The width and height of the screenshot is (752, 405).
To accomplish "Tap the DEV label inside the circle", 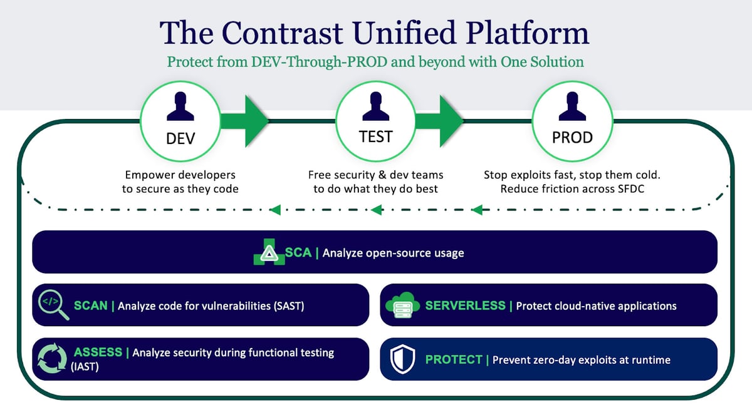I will tap(180, 138).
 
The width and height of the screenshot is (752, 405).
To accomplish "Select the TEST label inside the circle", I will tap(376, 137).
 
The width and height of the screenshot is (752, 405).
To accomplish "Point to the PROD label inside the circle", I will tap(572, 138).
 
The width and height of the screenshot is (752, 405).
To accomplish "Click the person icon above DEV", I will tap(180, 107).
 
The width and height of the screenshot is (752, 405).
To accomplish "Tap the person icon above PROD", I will tap(572, 107).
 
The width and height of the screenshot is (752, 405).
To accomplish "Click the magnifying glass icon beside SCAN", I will tap(53, 305).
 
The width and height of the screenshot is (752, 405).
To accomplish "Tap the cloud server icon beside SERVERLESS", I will tap(401, 305).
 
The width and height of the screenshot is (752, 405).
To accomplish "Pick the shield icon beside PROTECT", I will tap(400, 359).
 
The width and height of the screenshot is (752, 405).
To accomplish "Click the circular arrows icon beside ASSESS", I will tap(53, 359).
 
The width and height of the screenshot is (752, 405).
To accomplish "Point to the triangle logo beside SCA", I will tap(268, 253).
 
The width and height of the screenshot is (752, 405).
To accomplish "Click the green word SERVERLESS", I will tap(465, 306).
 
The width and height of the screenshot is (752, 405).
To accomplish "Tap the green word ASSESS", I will tap(98, 352).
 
